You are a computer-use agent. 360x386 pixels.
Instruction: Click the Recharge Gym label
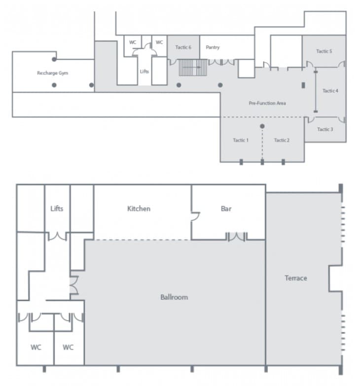(x=52, y=73)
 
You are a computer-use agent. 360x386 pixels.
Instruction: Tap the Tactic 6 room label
(x=183, y=47)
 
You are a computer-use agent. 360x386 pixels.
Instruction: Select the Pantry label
(x=213, y=47)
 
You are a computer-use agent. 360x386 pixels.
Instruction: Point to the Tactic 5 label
(x=324, y=51)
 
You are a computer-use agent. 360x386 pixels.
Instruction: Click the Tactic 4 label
(x=330, y=91)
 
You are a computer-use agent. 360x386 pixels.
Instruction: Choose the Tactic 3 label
(x=325, y=129)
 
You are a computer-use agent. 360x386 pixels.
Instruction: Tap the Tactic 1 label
(x=241, y=140)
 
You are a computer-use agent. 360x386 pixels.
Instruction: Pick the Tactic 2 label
(x=282, y=140)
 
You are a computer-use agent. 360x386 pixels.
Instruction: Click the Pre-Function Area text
(x=267, y=103)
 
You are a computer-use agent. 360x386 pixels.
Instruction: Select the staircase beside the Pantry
(x=193, y=67)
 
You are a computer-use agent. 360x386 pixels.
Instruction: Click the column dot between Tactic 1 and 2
(x=262, y=126)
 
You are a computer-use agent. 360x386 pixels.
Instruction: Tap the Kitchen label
(x=139, y=209)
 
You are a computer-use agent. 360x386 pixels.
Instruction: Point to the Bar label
(x=226, y=209)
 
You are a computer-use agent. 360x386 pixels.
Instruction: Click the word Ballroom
(x=174, y=297)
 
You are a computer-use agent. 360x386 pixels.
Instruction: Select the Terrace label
(x=296, y=278)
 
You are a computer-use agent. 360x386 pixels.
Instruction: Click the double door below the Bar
(x=236, y=237)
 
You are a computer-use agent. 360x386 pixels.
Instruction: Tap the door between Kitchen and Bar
(x=195, y=216)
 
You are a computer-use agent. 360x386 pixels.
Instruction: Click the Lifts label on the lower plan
(x=57, y=209)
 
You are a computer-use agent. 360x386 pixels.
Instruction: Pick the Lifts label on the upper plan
(x=144, y=71)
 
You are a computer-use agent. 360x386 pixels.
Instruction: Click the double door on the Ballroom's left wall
(x=74, y=285)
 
